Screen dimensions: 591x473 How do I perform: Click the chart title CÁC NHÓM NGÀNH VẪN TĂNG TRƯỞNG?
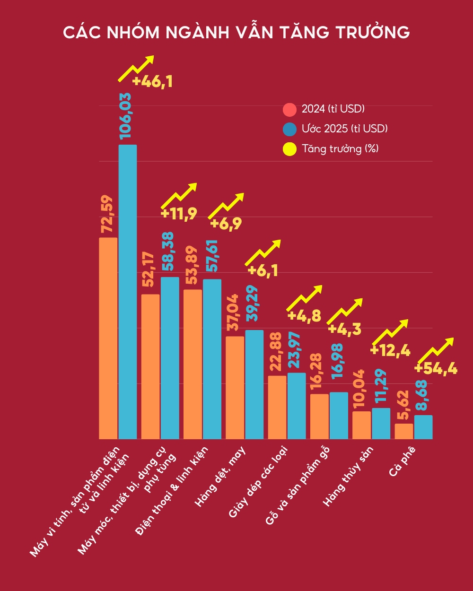click(x=236, y=32)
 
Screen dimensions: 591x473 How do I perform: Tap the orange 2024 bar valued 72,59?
click(x=108, y=338)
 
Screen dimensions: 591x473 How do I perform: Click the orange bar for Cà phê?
click(x=404, y=431)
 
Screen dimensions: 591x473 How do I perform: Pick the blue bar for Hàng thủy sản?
click(x=381, y=424)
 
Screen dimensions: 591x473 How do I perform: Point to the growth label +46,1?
click(x=152, y=82)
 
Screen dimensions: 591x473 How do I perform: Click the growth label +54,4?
click(x=436, y=368)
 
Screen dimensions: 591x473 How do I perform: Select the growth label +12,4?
click(x=390, y=350)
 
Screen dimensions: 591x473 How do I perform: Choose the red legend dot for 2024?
click(x=289, y=110)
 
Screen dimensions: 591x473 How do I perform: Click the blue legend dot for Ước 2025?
click(x=289, y=129)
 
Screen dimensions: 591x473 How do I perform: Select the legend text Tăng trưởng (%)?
click(x=340, y=149)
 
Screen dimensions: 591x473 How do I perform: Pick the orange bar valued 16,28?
click(x=319, y=417)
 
